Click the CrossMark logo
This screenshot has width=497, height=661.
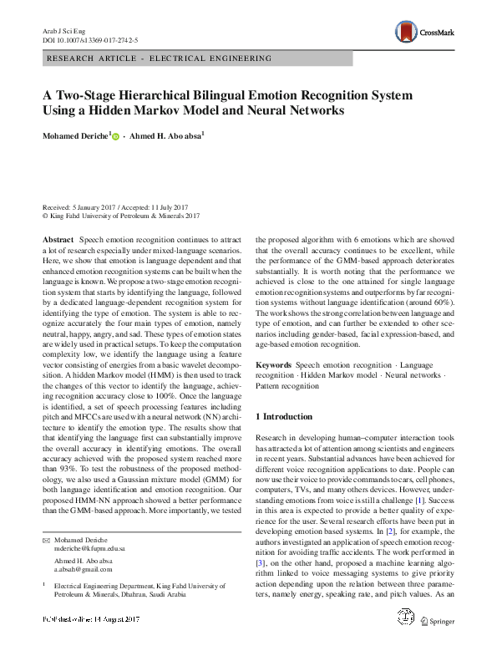point(425,33)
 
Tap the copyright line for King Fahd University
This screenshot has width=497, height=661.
point(121,215)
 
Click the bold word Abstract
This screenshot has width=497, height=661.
point(58,239)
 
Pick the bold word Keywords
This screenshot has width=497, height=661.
point(273,365)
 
